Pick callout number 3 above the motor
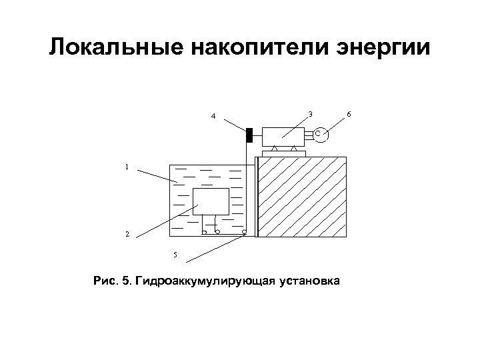(x=310, y=113)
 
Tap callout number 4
(x=213, y=117)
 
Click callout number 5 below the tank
(x=175, y=255)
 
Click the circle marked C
(x=318, y=135)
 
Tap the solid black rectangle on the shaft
(x=249, y=135)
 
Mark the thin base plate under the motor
(x=284, y=154)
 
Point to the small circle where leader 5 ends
(x=245, y=233)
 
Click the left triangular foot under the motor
(x=274, y=148)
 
